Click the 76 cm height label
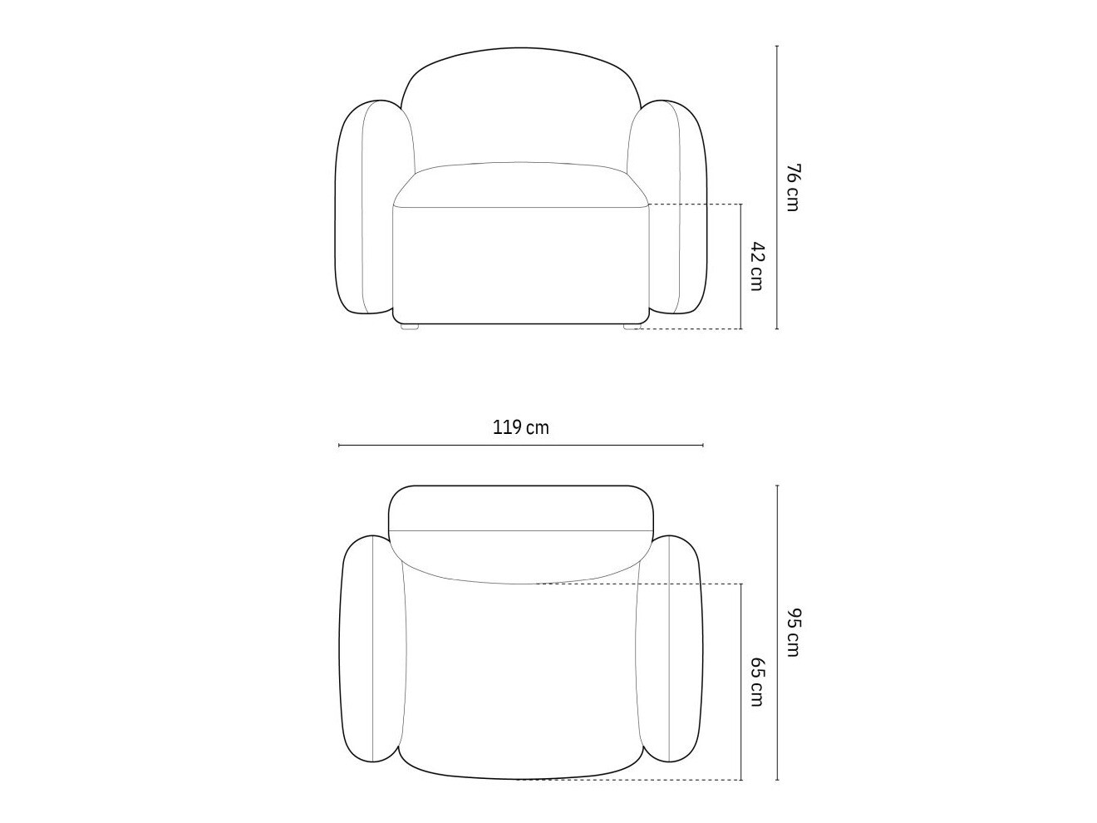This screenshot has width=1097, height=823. tap(793, 187)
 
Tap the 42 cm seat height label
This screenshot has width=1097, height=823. tap(756, 266)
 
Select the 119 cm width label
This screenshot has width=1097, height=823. tap(521, 428)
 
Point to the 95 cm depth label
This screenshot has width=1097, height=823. tap(793, 632)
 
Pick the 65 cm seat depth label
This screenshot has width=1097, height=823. tap(756, 682)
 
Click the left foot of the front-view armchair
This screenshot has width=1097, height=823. tap(410, 326)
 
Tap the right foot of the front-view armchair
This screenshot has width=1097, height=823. tap(632, 326)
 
